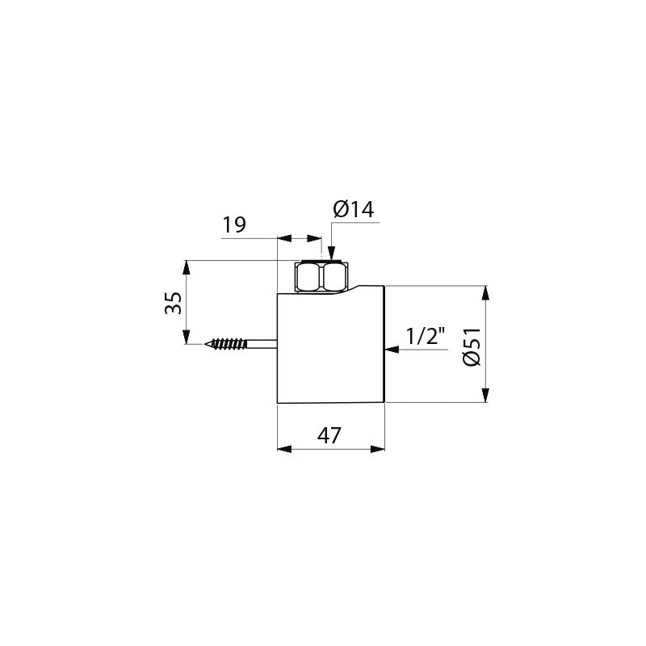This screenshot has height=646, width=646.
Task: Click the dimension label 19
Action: [x=234, y=225]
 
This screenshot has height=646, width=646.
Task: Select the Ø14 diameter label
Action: [x=354, y=209]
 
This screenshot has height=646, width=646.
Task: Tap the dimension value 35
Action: [x=173, y=303]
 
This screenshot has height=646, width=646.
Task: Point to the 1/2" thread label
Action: [x=426, y=336]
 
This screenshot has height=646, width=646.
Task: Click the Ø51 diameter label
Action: [x=472, y=346]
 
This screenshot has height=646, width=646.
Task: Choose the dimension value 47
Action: [x=329, y=435]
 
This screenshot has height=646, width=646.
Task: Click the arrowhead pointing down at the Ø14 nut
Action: [x=332, y=253]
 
